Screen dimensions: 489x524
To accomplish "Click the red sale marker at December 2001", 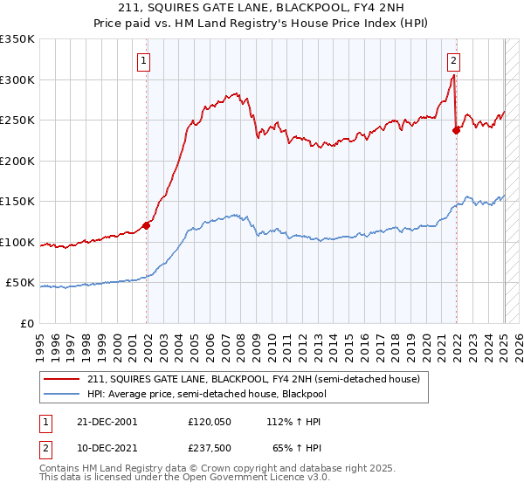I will click(x=147, y=225).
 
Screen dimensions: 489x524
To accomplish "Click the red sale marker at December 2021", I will click(x=456, y=130).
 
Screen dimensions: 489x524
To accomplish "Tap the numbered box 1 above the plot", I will click(x=142, y=60).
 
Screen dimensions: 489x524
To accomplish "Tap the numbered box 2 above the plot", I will click(x=454, y=60).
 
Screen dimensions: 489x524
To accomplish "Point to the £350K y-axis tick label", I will click(x=17, y=39).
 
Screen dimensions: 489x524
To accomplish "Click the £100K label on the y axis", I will click(x=17, y=242).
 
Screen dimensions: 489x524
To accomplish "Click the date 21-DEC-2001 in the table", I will click(x=107, y=421).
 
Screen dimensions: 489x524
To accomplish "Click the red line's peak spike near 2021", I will click(x=454, y=76).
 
